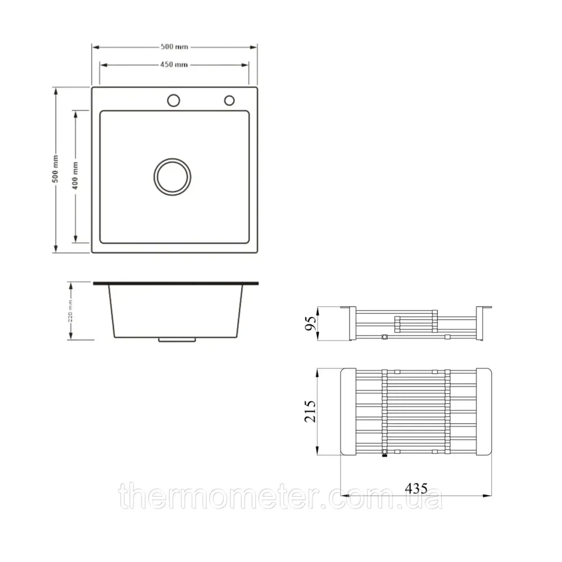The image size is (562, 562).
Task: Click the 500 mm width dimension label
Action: [x=174, y=47]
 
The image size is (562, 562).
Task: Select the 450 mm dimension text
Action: [x=174, y=65]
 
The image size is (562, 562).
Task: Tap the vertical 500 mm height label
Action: [x=56, y=169]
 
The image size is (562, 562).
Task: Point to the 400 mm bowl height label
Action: [x=75, y=175]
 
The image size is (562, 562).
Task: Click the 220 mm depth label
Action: [x=71, y=311]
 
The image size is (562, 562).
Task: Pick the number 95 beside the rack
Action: [x=311, y=323]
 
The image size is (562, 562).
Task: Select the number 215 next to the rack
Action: [x=310, y=411]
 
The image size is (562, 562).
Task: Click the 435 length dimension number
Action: [x=416, y=488]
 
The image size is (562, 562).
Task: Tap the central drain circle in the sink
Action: [x=173, y=176]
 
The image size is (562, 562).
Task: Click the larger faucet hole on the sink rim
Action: [x=174, y=101]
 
